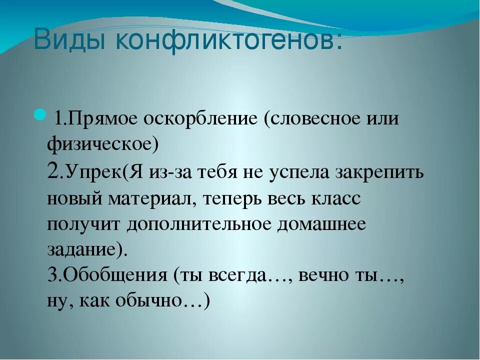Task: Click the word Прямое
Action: [103, 120]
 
